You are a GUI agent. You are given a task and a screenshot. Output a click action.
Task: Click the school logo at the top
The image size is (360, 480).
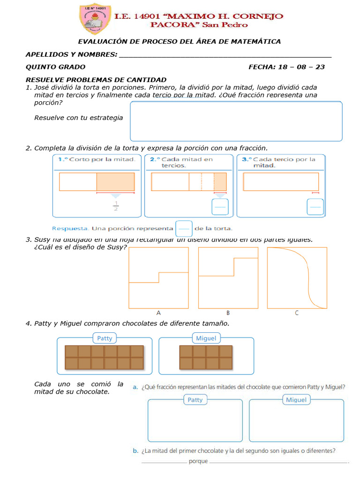click(94, 19)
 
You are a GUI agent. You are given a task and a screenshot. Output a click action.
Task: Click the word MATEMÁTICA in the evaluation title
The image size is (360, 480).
click(256, 41)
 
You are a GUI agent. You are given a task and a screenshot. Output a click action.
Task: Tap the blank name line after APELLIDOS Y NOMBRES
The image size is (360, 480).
click(225, 55)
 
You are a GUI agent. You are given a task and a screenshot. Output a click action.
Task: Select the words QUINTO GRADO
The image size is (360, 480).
click(55, 67)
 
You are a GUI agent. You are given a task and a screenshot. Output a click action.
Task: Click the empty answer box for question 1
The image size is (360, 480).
click(236, 121)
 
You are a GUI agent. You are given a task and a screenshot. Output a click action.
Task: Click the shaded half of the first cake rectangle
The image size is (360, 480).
click(115, 181)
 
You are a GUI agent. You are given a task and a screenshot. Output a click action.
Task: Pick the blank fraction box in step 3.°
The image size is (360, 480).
click(315, 207)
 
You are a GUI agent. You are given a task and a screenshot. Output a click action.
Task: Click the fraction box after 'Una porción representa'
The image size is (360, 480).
click(184, 229)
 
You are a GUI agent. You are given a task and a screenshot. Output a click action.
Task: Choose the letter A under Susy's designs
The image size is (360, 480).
click(158, 313)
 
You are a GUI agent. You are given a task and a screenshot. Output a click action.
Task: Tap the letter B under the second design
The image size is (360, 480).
click(228, 313)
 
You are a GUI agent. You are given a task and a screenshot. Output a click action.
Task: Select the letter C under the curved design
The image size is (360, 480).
click(297, 313)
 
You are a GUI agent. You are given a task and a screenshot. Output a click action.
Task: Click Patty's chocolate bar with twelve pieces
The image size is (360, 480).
click(104, 357)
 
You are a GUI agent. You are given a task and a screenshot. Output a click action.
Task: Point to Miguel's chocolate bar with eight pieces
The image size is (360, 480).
click(206, 357)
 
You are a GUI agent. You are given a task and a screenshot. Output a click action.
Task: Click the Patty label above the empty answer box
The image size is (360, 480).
click(195, 400)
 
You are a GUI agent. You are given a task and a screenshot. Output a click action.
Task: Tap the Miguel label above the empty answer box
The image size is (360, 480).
click(296, 400)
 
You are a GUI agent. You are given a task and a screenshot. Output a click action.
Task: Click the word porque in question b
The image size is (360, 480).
click(198, 462)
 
